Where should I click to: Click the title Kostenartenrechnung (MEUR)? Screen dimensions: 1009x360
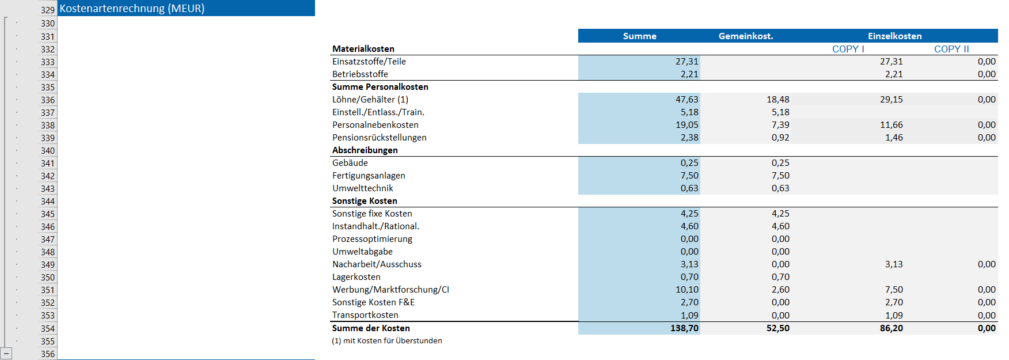[132, 9]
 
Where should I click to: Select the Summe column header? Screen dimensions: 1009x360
[639, 36]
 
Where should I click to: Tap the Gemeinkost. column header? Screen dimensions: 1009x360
[746, 36]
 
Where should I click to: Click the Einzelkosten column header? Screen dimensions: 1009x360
[894, 36]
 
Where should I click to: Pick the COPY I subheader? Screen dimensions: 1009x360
[848, 49]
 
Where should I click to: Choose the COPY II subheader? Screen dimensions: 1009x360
[951, 49]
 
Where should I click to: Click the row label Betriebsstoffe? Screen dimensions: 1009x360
[360, 74]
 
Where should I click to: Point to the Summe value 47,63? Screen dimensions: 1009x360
[686, 100]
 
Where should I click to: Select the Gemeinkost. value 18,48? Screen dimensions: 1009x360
[778, 100]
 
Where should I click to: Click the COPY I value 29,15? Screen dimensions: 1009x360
[892, 100]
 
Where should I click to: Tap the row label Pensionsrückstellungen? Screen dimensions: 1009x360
[380, 138]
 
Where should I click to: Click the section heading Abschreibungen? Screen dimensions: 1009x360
[365, 150]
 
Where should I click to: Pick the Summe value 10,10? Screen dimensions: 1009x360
[686, 290]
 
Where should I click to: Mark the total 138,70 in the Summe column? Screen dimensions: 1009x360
[684, 328]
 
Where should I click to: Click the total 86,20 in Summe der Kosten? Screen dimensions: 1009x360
[892, 328]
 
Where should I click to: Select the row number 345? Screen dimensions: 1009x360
[48, 214]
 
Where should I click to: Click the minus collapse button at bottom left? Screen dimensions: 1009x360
[6, 353]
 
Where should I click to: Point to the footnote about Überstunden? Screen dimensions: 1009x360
[387, 341]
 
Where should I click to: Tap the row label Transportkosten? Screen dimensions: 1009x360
[365, 315]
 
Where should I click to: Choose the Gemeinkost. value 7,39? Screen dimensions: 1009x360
[780, 125]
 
